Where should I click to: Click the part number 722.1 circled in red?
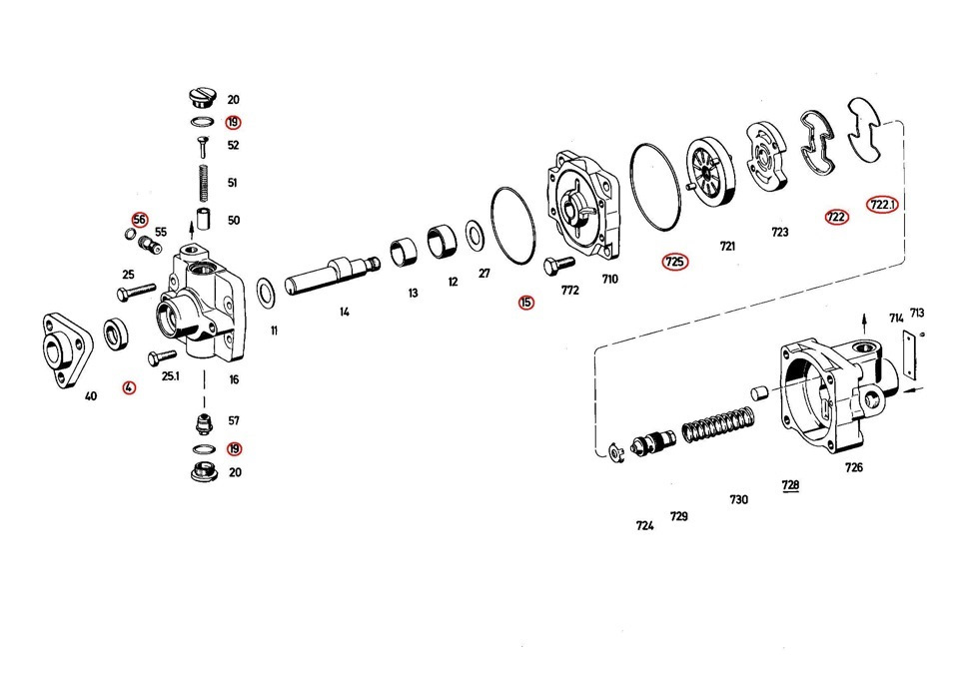pyautogui.click(x=882, y=205)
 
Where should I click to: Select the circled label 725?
pyautogui.click(x=675, y=263)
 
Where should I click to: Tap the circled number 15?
pyautogui.click(x=525, y=302)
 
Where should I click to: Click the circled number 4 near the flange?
pyautogui.click(x=128, y=387)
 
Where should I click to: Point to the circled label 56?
pyautogui.click(x=139, y=220)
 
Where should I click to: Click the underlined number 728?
pyautogui.click(x=790, y=485)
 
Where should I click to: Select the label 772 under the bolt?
pyautogui.click(x=569, y=291)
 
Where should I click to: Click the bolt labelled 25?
pyautogui.click(x=138, y=292)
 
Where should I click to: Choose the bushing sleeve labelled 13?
pyautogui.click(x=403, y=253)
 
